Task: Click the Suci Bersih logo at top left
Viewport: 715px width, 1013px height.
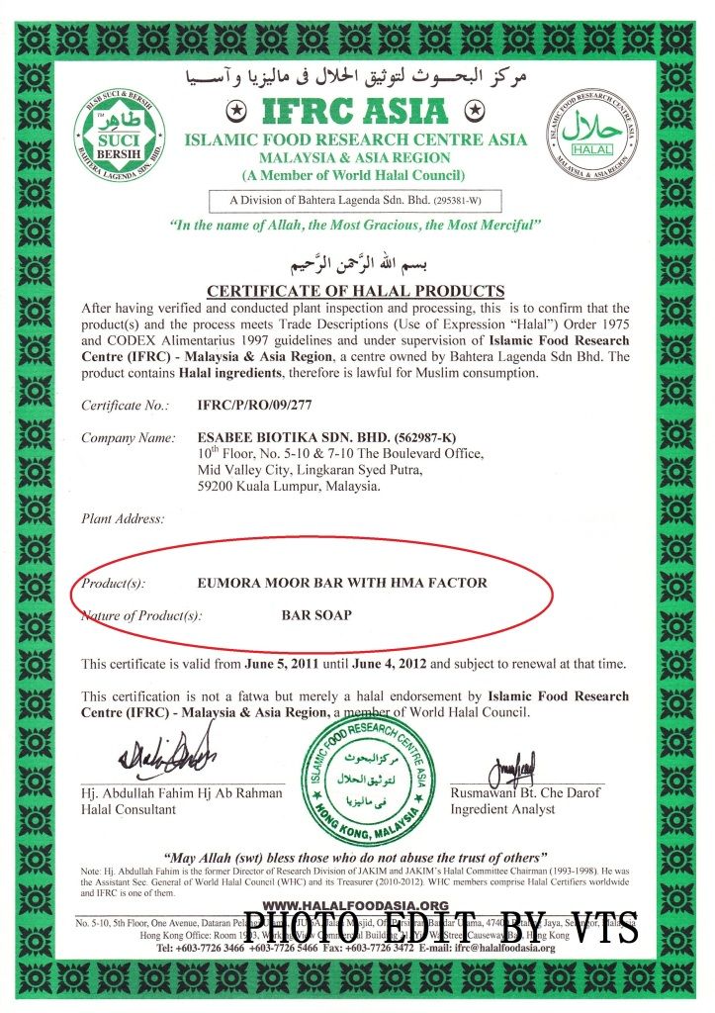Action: [119, 139]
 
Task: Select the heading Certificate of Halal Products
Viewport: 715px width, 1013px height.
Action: [355, 291]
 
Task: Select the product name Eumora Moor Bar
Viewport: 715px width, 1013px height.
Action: [342, 583]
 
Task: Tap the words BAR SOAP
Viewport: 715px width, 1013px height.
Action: [316, 614]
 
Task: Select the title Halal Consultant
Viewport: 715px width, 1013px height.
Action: [129, 809]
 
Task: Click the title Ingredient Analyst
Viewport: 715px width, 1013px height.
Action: [502, 809]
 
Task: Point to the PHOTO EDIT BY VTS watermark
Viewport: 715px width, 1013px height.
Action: [440, 928]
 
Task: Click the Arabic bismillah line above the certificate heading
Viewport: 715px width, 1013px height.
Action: [356, 265]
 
